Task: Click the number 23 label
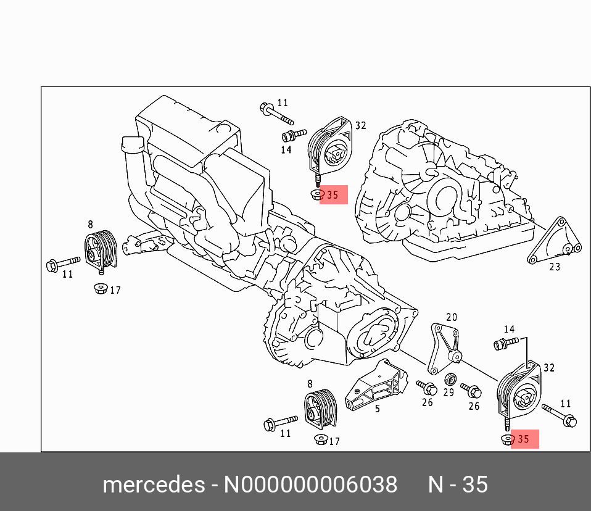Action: pyautogui.click(x=555, y=267)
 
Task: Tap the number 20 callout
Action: pyautogui.click(x=452, y=317)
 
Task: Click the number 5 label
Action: pyautogui.click(x=377, y=408)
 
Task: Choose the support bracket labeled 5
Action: pyautogui.click(x=376, y=386)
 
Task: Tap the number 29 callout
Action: pyautogui.click(x=448, y=392)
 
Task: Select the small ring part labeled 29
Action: pyautogui.click(x=450, y=378)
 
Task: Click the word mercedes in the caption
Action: pyautogui.click(x=154, y=484)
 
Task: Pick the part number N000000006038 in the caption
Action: pyautogui.click(x=310, y=484)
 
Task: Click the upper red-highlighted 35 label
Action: pyautogui.click(x=333, y=196)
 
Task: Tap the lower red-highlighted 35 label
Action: pyautogui.click(x=524, y=439)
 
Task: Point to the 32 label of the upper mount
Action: pyautogui.click(x=360, y=125)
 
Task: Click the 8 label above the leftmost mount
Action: pyautogui.click(x=90, y=225)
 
